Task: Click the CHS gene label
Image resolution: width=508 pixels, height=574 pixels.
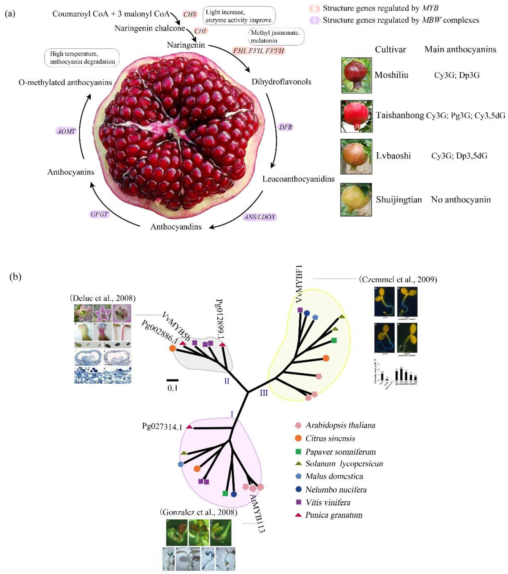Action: (190, 14)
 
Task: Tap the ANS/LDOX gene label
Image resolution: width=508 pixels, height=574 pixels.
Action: (260, 217)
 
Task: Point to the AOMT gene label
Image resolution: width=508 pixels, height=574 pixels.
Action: (66, 131)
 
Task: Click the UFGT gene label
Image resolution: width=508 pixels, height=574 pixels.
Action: (99, 214)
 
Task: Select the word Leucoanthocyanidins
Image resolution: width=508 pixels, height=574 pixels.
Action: (298, 179)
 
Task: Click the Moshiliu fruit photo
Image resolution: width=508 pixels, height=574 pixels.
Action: (356, 75)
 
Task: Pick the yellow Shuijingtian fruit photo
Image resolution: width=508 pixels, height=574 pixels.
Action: (356, 200)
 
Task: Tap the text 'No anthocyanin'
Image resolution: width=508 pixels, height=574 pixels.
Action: (461, 200)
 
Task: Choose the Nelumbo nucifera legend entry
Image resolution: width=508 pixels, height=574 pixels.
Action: (336, 490)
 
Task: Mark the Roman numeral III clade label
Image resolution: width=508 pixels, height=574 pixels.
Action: (264, 393)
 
